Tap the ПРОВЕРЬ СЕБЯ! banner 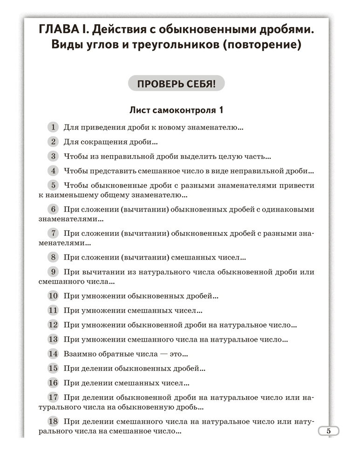176,84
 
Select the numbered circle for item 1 54,127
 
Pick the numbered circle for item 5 54,185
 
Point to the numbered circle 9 54,272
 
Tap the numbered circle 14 54,354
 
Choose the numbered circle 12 54,325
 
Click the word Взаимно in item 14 79,354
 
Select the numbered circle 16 54,383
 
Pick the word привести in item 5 298,185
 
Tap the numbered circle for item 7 54,233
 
